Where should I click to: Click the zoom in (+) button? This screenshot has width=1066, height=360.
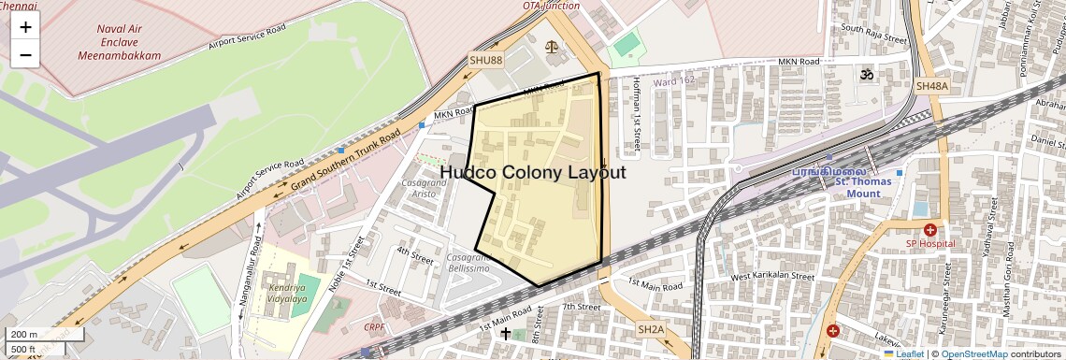coord(25,27)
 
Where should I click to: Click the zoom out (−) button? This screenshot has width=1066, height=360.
coord(25,54)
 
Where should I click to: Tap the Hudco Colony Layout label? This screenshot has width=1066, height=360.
coord(532,172)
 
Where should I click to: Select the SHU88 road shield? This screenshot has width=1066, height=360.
coord(485,60)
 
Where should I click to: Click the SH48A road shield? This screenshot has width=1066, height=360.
coord(931,86)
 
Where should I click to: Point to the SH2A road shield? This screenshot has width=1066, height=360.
coord(651,329)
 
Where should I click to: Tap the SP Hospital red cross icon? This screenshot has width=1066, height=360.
coord(929,230)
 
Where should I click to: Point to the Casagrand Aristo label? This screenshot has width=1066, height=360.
coord(424,188)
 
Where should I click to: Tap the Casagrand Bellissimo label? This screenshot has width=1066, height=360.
coord(467,263)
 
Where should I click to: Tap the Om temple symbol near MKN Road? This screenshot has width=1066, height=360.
coord(866,74)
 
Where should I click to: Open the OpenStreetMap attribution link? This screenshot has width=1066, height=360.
coord(973,354)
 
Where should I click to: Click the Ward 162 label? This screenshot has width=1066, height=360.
coord(674,81)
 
